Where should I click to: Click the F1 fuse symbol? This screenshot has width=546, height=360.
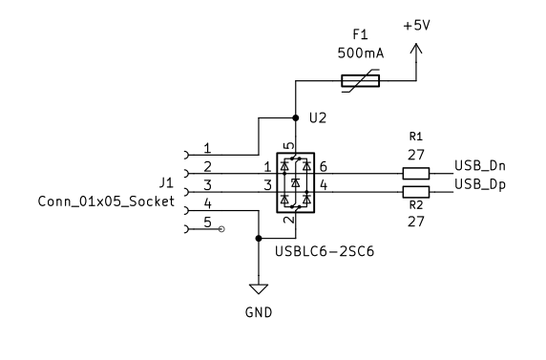click(x=360, y=81)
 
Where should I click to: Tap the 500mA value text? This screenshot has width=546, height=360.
click(x=360, y=54)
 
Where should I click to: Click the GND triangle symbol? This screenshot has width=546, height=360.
click(x=258, y=288)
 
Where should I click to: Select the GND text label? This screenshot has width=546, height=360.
click(x=258, y=311)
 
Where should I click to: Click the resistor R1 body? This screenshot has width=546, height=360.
click(x=415, y=173)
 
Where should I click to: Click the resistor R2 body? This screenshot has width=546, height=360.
click(x=415, y=192)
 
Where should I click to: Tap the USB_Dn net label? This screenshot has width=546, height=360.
click(x=479, y=166)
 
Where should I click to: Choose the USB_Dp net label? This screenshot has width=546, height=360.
click(x=479, y=183)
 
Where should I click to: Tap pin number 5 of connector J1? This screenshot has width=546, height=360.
click(x=206, y=222)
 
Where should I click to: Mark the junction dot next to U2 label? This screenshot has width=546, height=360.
click(x=295, y=118)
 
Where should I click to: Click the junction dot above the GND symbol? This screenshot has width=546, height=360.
click(x=258, y=238)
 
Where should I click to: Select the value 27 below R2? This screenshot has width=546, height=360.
click(x=416, y=220)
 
